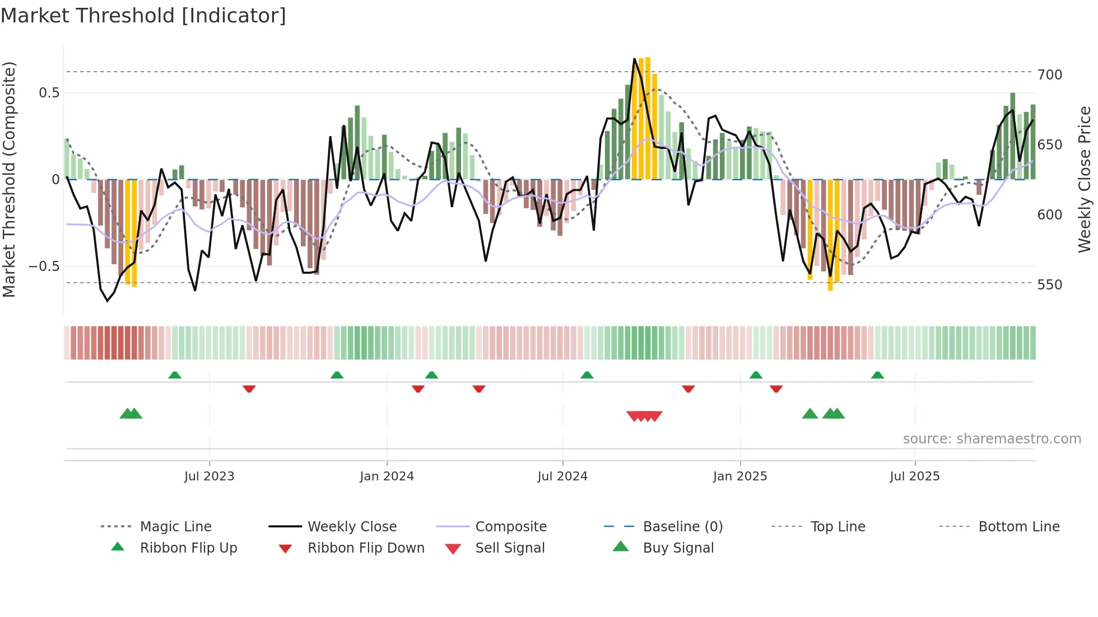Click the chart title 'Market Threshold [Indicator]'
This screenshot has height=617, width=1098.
pyautogui.click(x=143, y=16)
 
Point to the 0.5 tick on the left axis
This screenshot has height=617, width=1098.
pyautogui.click(x=49, y=93)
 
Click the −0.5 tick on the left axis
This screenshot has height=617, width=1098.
pyautogui.click(x=44, y=267)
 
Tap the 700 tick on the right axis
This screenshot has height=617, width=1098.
pyautogui.click(x=1049, y=75)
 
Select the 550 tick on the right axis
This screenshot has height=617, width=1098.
pyautogui.click(x=1049, y=285)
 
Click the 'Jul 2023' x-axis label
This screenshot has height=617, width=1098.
pyautogui.click(x=209, y=476)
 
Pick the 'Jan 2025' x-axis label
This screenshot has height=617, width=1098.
pyautogui.click(x=739, y=476)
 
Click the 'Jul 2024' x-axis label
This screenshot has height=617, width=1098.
pyautogui.click(x=562, y=476)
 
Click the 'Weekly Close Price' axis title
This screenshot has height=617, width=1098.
pyautogui.click(x=1085, y=179)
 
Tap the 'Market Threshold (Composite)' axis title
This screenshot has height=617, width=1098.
pyautogui.click(x=9, y=179)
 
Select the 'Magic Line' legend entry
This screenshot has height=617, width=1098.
pyautogui.click(x=175, y=527)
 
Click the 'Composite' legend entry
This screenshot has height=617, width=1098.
pyautogui.click(x=510, y=527)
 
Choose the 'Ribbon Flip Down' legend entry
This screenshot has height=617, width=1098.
pyautogui.click(x=365, y=548)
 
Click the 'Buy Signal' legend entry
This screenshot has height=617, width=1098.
pyautogui.click(x=678, y=548)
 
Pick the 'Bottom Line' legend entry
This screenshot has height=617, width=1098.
pyautogui.click(x=1018, y=527)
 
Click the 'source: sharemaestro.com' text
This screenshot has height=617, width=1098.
pyautogui.click(x=992, y=439)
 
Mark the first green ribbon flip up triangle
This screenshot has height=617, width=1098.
pyautogui.click(x=175, y=375)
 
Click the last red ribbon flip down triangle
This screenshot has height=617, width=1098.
pyautogui.click(x=776, y=389)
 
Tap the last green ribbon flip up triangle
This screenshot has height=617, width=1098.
pyautogui.click(x=877, y=375)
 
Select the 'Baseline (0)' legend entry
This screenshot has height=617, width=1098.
pyautogui.click(x=682, y=527)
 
